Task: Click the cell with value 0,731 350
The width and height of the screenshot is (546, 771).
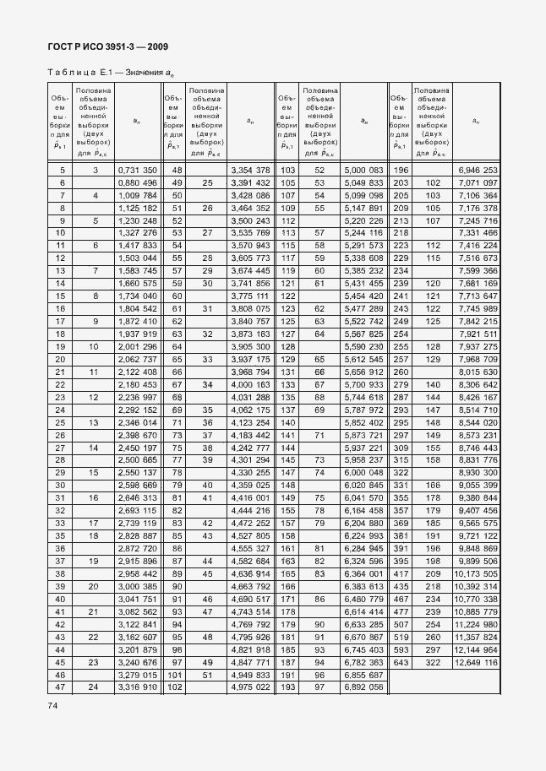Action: click(137, 171)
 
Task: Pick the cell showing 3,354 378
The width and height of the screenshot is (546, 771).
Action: click(250, 171)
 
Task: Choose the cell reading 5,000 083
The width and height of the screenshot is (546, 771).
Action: click(364, 171)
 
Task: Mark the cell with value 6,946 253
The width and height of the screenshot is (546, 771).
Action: click(478, 171)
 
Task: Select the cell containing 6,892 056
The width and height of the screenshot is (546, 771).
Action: click(364, 687)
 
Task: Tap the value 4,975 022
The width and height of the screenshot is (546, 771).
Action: click(250, 687)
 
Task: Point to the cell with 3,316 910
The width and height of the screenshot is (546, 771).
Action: click(137, 687)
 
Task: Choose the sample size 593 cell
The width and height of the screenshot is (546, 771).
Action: click(400, 649)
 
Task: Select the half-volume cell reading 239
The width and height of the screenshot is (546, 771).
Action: click(434, 611)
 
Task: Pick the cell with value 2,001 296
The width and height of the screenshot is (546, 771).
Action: click(137, 346)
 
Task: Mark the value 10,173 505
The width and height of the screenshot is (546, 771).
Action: click(478, 573)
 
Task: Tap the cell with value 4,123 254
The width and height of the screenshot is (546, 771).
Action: click(250, 421)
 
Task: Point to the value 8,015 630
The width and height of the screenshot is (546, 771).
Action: click(478, 372)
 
